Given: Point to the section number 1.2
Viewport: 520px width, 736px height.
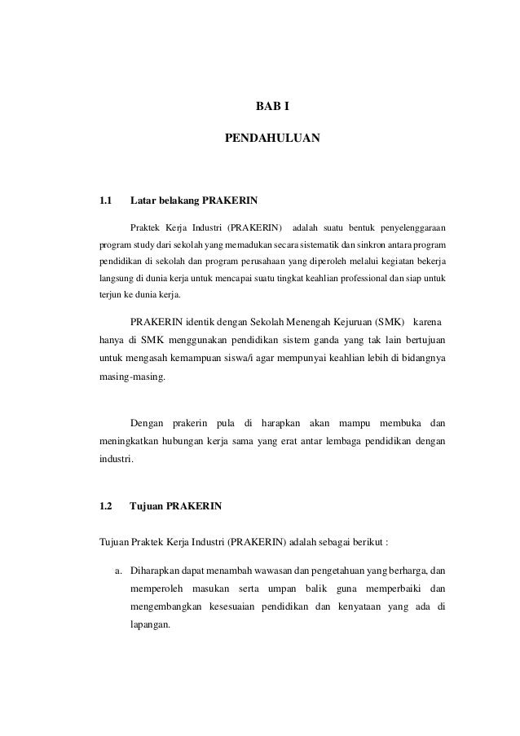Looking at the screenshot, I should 105,506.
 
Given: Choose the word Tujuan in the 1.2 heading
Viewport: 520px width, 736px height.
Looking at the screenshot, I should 147,506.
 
